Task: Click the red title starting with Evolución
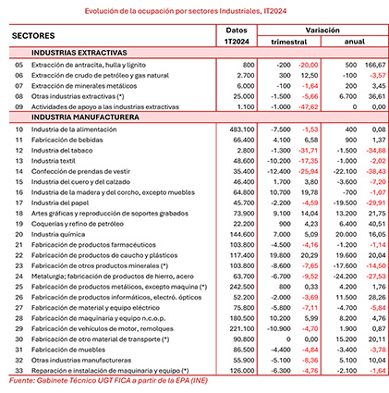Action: [194, 11]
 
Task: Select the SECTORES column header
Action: [37, 35]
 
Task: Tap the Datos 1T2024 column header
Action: [241, 36]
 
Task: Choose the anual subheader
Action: [352, 43]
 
